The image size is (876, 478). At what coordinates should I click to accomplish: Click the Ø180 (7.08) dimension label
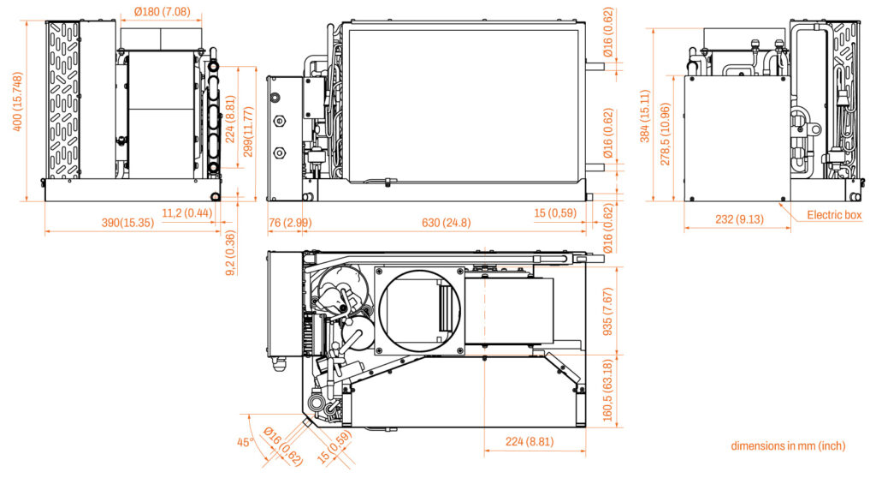162,11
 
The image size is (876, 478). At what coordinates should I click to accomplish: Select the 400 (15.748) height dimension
18,102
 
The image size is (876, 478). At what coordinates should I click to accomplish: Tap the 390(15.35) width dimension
127,223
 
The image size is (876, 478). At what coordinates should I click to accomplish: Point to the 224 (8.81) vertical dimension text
229,119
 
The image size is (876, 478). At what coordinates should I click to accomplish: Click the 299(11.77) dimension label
248,132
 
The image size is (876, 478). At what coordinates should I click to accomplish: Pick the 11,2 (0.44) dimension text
187,213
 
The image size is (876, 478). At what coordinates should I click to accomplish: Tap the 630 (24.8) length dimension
446,223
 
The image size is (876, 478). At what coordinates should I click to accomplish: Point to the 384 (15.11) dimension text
645,116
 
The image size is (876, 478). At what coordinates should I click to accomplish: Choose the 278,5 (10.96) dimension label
665,134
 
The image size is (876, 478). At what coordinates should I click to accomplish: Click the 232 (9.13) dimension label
739,218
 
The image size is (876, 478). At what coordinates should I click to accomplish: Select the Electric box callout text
834,215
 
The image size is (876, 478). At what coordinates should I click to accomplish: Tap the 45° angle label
245,442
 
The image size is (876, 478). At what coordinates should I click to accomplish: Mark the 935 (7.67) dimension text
608,312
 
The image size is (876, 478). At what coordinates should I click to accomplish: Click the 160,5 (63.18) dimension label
608,390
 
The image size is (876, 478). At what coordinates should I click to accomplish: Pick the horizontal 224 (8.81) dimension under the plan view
530,442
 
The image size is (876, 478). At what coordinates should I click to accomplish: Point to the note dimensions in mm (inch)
788,446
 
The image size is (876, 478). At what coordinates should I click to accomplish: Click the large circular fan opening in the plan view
421,312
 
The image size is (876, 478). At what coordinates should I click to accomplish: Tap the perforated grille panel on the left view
63,101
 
